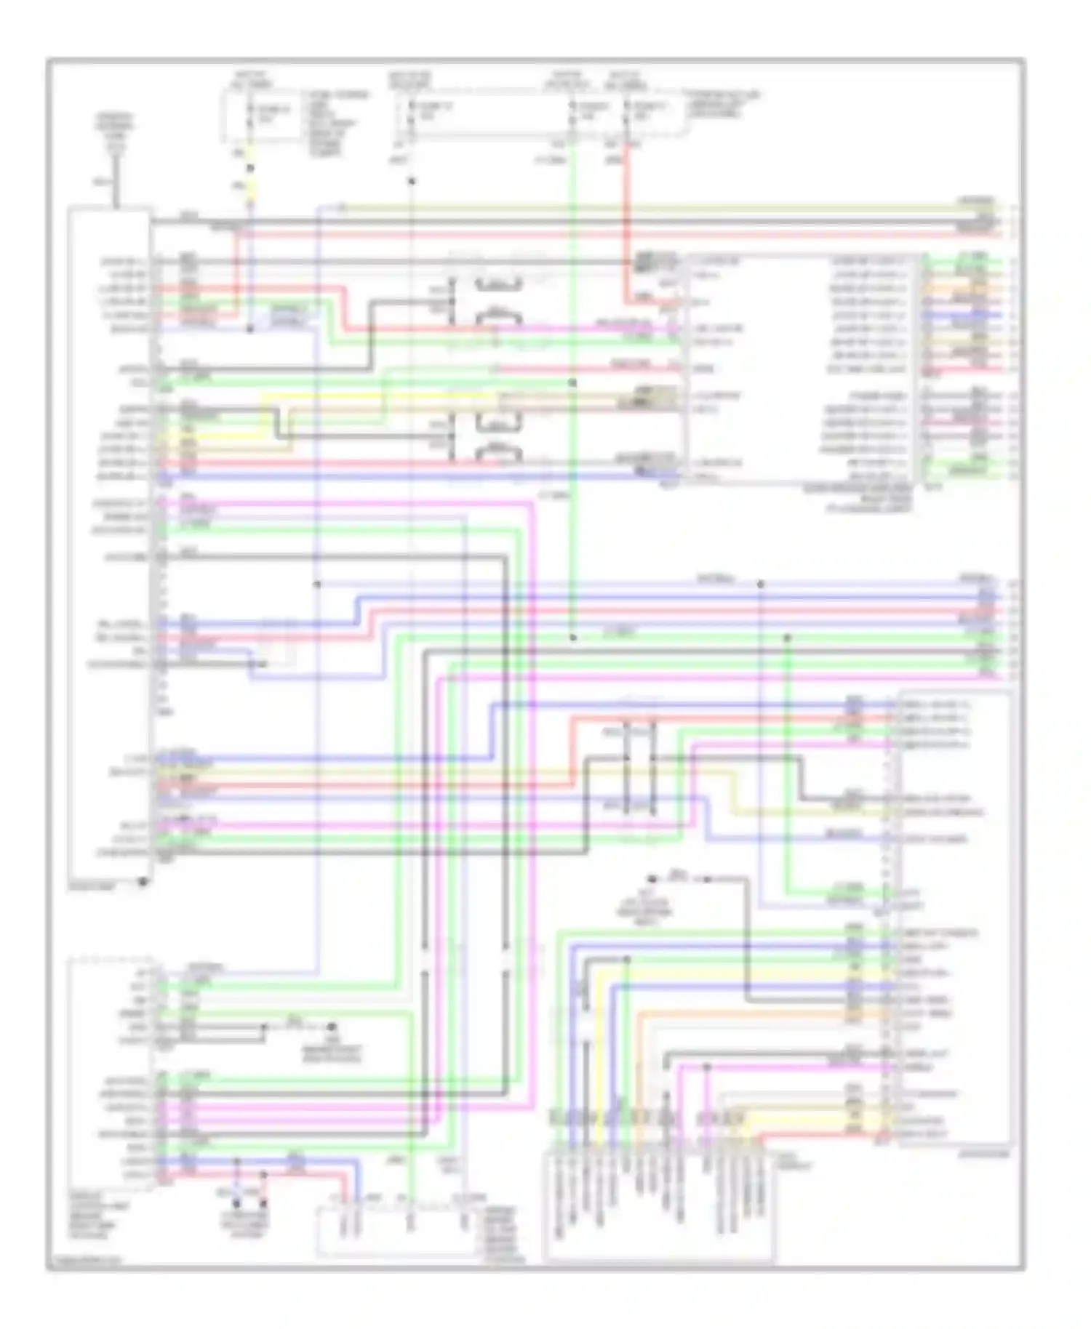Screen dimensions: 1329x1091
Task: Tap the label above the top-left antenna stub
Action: (x=115, y=131)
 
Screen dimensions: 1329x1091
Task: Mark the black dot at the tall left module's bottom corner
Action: (x=143, y=882)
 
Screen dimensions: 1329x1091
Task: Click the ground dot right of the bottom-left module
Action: (x=331, y=1027)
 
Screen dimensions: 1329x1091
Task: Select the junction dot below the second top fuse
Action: (x=412, y=181)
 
